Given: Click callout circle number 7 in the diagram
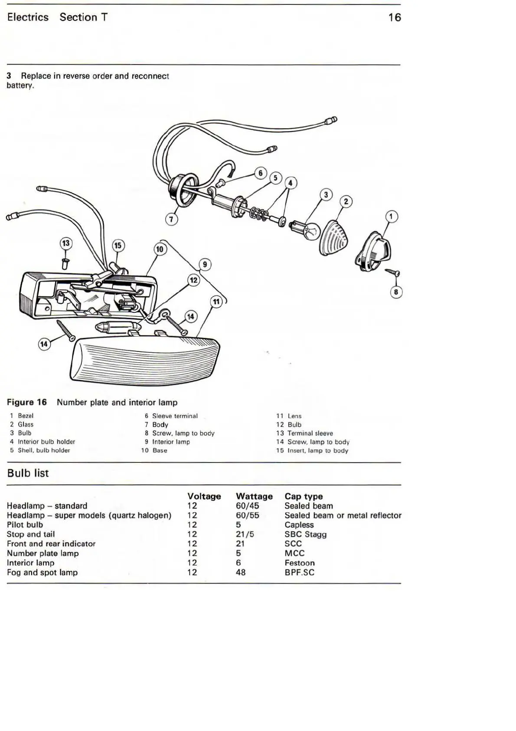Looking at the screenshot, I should point(171,220).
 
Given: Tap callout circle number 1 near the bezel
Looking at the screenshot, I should point(391,216).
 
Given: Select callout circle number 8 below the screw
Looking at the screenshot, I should point(396,292).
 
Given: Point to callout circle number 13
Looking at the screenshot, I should point(65,243).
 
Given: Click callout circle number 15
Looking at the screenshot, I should point(118,246).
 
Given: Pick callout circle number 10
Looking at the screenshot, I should point(160,249).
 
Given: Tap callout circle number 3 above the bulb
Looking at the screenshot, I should point(326,195).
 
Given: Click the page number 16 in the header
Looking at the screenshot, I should point(395,17).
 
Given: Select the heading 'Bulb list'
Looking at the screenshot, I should point(28,473).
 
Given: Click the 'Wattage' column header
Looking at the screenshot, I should point(254,496).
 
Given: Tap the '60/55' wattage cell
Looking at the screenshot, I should point(247,515).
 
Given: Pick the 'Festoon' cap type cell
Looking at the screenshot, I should point(300,563).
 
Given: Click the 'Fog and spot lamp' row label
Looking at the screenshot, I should point(42,573).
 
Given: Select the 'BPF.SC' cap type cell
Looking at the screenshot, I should point(299,573).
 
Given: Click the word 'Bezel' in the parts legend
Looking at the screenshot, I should point(26,416).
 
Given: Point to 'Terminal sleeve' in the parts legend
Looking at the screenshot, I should point(310,433).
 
